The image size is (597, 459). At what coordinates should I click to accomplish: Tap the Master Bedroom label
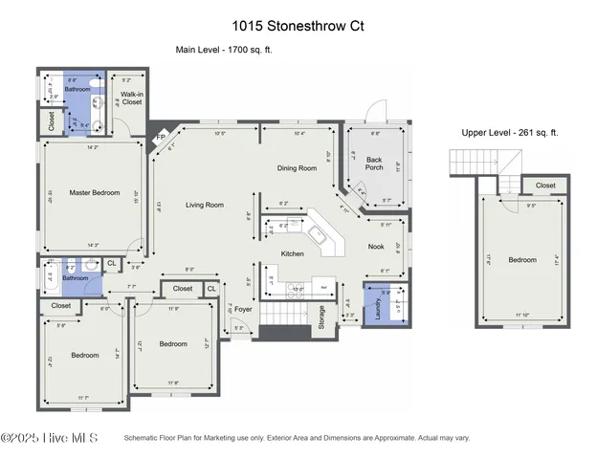click(95, 193)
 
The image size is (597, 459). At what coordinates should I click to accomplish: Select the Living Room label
click(204, 205)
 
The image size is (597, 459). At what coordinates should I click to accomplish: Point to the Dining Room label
click(297, 168)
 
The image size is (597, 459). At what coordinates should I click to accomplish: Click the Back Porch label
click(374, 163)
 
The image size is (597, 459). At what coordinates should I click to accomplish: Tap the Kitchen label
click(292, 253)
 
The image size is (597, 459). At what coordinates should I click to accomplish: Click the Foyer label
click(243, 309)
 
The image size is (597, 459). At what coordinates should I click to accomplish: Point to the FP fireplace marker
click(161, 139)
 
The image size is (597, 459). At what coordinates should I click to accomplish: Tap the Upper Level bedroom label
click(522, 260)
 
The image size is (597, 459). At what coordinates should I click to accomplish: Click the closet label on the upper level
click(544, 186)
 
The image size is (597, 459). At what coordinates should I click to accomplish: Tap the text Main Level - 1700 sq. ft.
click(223, 51)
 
